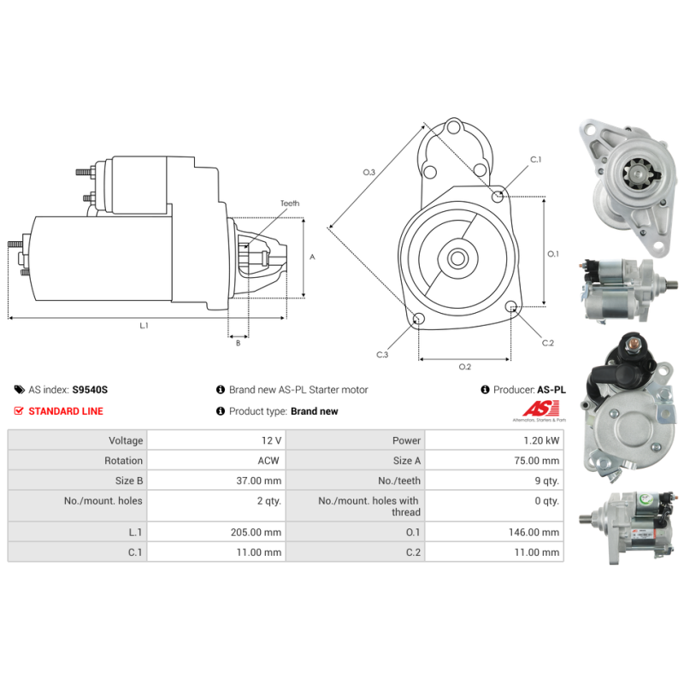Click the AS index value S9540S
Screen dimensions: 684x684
pos(90,390)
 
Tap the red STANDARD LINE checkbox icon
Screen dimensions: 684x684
pos(19,410)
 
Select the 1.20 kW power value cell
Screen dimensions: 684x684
pos(541,440)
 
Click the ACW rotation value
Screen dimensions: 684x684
pos(268,461)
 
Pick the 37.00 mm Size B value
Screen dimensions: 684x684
pos(259,481)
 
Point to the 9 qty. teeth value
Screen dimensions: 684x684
pos(547,481)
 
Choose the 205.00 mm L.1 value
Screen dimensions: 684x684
pos(256,532)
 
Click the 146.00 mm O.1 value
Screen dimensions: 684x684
pos(534,532)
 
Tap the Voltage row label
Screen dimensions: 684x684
pos(126,440)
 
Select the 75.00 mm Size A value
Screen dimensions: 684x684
pos(537,461)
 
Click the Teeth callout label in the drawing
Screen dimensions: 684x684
pos(290,203)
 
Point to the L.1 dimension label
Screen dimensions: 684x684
pos(144,326)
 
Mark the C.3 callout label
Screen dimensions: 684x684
pos(382,355)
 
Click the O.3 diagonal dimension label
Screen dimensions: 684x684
pos(369,173)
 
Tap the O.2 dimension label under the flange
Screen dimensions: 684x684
pos(465,367)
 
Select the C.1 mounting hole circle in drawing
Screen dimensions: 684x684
pos(498,197)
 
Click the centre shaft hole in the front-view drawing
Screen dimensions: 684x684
pos(457,258)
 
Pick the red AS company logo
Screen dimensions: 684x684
pos(541,409)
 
